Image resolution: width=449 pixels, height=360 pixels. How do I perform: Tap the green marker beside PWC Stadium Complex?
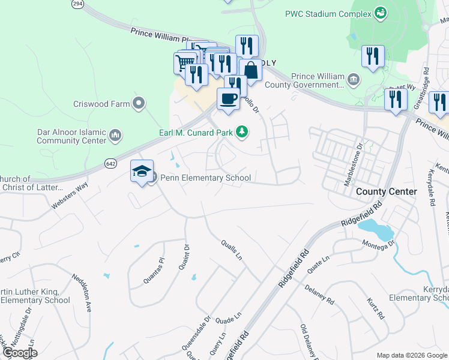[379, 12]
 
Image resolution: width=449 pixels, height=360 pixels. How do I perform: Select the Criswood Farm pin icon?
[139, 104]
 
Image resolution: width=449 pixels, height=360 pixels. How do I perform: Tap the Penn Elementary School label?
[205, 178]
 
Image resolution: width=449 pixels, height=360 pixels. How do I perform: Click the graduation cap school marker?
[142, 172]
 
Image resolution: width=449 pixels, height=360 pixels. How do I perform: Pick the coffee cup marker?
[228, 98]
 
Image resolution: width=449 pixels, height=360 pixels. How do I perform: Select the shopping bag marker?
[250, 70]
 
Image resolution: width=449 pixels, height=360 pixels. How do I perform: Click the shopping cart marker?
[185, 62]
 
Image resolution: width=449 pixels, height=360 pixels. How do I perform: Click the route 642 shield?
[110, 163]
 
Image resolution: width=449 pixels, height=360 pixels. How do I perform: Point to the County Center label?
[386, 191]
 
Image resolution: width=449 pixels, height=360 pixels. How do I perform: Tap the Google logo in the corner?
[20, 353]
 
